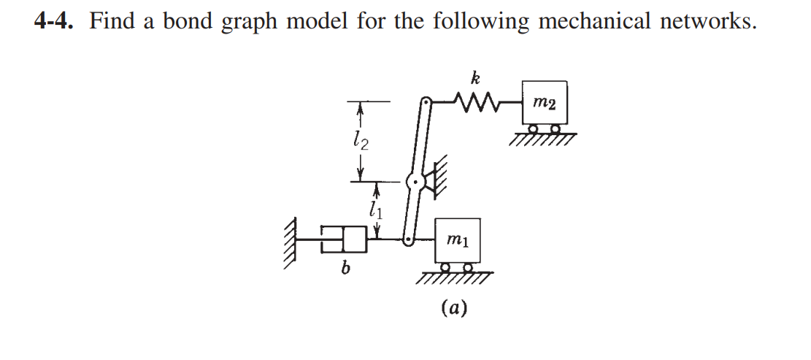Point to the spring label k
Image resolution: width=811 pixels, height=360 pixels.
point(475,77)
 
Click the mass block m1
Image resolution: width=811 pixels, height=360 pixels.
point(457,240)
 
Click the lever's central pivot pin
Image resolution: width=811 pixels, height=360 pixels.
point(414,180)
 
